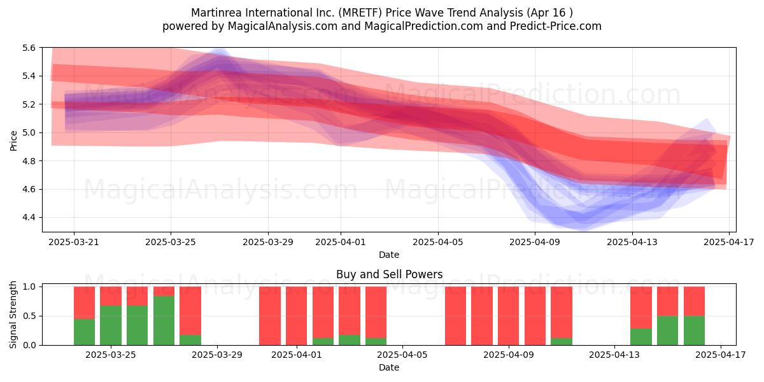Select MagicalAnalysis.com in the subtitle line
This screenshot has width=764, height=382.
(283, 26)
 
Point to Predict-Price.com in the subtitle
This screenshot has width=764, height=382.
(556, 26)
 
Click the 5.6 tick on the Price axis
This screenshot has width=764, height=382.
(29, 48)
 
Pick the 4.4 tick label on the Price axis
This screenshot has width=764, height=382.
(29, 218)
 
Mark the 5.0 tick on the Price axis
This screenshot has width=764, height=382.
(29, 132)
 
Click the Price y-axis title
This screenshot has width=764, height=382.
(13, 141)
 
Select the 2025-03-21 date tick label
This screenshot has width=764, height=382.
(74, 242)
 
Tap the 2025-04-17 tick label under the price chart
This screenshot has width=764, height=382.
(729, 242)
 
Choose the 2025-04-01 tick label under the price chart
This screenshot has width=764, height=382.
(341, 242)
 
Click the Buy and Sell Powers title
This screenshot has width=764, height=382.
(389, 274)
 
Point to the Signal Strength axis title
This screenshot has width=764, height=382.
(13, 315)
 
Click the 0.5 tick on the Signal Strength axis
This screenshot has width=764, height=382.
(29, 316)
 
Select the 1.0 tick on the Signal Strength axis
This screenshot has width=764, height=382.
(29, 287)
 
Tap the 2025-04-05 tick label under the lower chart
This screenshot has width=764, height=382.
(402, 355)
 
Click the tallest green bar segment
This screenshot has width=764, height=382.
(164, 321)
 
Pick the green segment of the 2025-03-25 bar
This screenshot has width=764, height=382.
(111, 325)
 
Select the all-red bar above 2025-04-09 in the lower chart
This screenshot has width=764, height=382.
(509, 316)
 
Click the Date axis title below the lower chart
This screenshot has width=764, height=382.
(389, 367)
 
